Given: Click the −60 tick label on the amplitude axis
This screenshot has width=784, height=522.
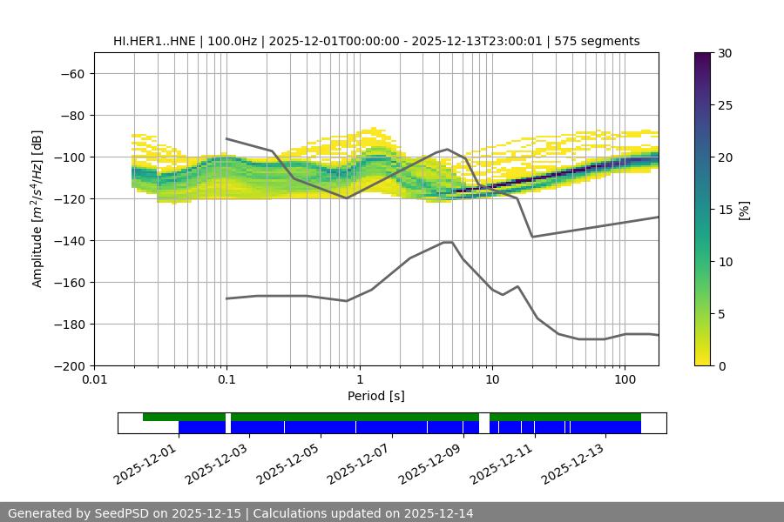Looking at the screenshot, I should click(71, 74).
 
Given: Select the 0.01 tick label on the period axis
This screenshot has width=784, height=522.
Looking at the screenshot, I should click(94, 380).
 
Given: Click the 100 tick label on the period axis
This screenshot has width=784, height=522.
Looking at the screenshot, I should click(625, 380).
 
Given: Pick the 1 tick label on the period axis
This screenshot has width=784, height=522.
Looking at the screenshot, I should click(360, 380).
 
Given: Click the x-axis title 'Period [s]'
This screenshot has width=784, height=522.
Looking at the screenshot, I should click(376, 396).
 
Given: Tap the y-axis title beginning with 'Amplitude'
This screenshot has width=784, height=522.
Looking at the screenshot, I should click(37, 209).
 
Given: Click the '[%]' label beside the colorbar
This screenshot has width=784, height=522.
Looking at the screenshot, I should click(744, 210).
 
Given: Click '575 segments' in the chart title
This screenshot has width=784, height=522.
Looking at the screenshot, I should click(603, 41).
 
